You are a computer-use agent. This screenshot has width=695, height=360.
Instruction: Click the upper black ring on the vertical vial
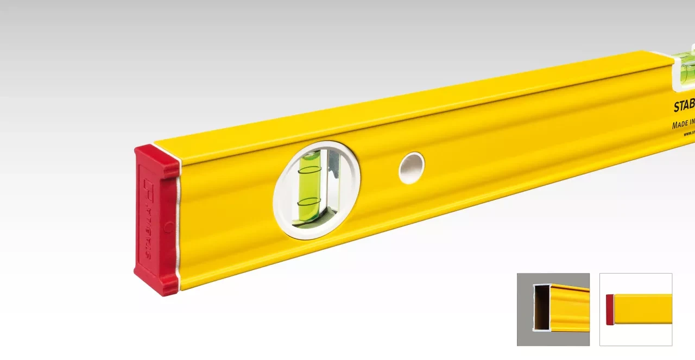coord(310,170)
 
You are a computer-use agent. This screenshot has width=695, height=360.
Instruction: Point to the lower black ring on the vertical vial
coord(309,202)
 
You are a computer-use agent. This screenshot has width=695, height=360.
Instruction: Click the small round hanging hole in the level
coord(411,168)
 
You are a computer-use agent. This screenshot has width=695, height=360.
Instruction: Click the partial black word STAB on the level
coord(684,106)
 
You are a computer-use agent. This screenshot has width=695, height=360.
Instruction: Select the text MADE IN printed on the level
coord(683,125)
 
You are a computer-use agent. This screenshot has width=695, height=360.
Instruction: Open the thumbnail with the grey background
coord(553,309)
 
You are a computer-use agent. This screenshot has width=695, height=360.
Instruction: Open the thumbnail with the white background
coord(635,309)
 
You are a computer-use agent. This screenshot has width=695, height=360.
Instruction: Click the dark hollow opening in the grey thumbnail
coord(541,308)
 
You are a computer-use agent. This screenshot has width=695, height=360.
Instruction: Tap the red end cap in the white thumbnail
coord(610,310)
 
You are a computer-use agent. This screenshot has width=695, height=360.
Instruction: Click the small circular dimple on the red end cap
coord(169,227)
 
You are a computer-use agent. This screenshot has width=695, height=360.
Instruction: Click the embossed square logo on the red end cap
coord(148,187)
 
